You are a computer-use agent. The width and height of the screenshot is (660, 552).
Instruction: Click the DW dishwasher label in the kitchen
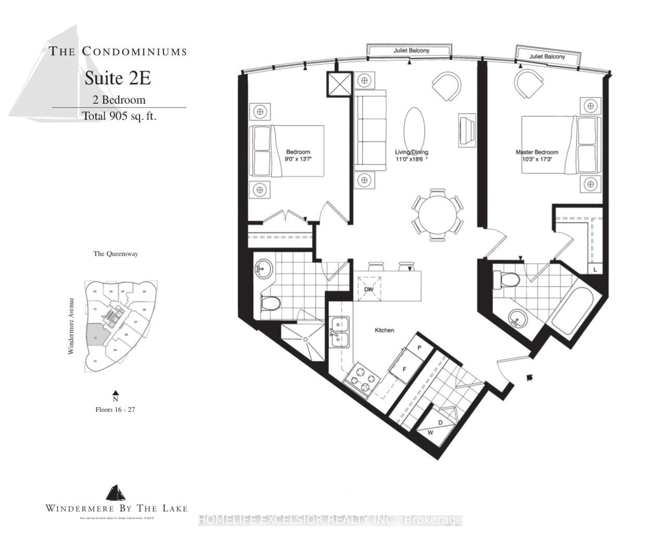[368, 289]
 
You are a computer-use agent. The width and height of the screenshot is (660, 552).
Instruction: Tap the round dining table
[437, 215]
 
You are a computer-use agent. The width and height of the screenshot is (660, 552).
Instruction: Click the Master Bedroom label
[537, 152]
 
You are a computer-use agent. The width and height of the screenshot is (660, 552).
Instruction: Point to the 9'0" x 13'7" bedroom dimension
[298, 159]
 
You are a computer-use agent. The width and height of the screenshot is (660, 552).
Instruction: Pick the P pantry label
[419, 348]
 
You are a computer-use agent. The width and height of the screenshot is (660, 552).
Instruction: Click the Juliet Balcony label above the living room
[411, 51]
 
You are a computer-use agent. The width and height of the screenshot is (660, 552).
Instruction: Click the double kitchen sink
[340, 332]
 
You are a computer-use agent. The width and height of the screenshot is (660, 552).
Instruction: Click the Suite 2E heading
[118, 79]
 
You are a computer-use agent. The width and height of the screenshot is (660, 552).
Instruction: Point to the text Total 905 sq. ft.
[119, 116]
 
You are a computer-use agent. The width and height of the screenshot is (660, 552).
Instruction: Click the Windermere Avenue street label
[71, 326]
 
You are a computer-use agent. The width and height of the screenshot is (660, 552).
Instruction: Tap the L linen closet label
[595, 270]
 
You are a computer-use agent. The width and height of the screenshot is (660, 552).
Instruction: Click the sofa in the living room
[370, 130]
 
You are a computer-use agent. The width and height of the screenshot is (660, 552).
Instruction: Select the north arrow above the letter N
[115, 392]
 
